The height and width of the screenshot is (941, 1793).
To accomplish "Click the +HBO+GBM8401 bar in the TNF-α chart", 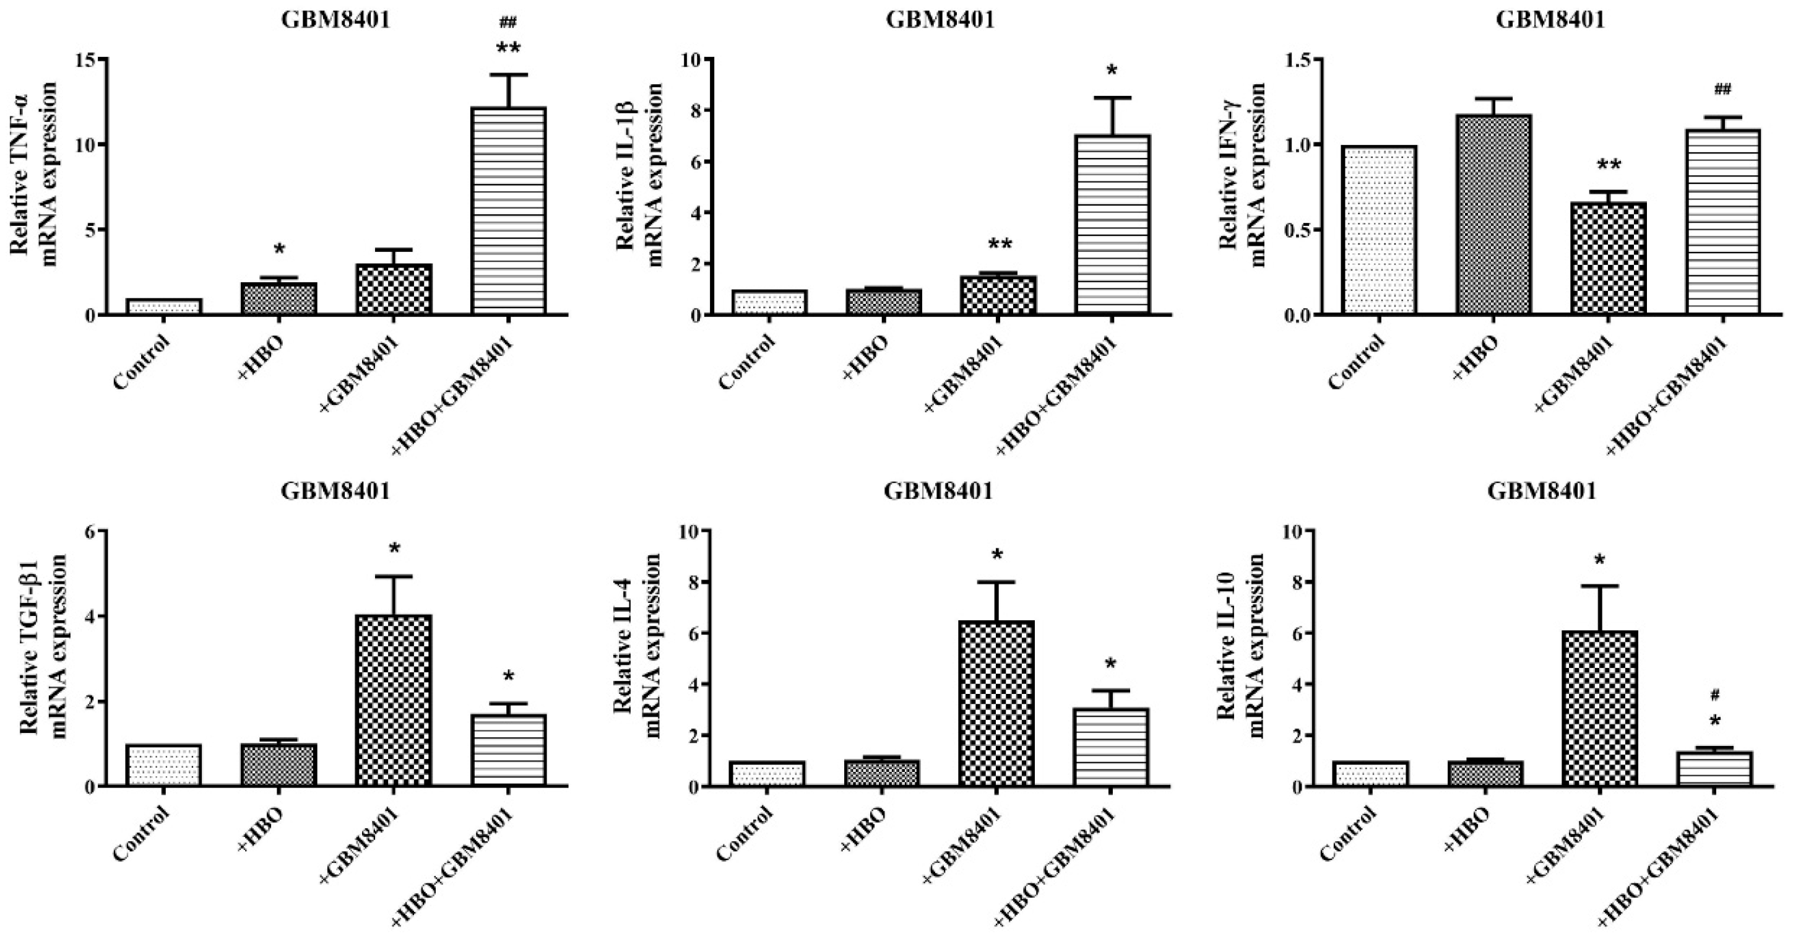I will pyautogui.click(x=509, y=212).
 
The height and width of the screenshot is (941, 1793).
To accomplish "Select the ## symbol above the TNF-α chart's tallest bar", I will pyautogui.click(x=508, y=23).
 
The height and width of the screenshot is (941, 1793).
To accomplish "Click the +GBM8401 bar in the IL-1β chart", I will pyautogui.click(x=998, y=295).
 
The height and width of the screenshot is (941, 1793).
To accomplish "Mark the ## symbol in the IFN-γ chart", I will pyautogui.click(x=1722, y=89).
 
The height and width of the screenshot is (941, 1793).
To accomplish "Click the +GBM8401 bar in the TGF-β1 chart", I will pyautogui.click(x=394, y=701).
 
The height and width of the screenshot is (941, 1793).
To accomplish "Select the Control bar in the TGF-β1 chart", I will pyautogui.click(x=163, y=766).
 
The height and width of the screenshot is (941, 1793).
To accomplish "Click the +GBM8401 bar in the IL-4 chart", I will pyautogui.click(x=996, y=704).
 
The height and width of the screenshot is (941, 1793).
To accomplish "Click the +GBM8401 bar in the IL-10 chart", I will pyautogui.click(x=1599, y=708).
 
